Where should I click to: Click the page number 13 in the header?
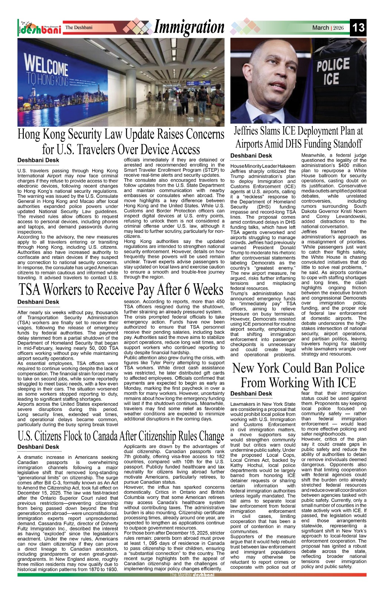click(358, 28)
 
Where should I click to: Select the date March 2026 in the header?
click(328, 28)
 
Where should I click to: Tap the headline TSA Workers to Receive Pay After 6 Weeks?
click(121, 289)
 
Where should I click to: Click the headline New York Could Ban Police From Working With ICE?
click(298, 375)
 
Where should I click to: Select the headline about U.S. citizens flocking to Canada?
click(121, 435)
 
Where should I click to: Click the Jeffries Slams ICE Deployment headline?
click(298, 137)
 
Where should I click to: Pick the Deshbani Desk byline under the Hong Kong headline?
click(38, 160)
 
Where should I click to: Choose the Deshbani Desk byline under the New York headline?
click(251, 394)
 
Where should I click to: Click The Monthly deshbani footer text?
click(192, 575)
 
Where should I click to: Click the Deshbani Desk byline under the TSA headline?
click(38, 302)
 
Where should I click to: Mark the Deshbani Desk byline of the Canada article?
click(38, 447)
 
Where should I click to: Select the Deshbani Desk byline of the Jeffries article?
click(251, 156)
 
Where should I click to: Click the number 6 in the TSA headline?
click(185, 289)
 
